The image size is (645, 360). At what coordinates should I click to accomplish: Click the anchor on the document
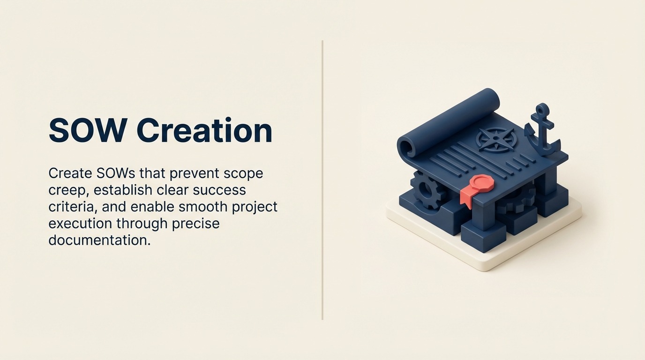tap(543, 133)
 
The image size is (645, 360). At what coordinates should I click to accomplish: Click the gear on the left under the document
tap(424, 190)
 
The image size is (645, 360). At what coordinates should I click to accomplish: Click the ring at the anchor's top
tap(542, 109)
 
